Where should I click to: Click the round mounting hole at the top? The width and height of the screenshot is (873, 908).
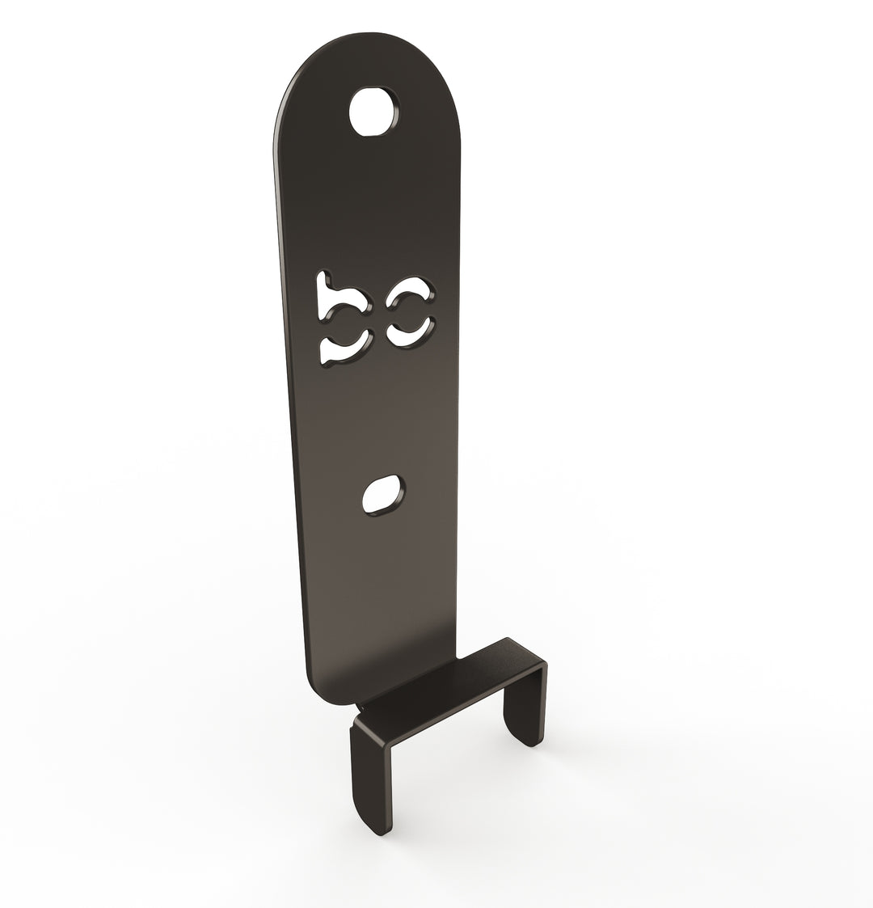click(374, 112)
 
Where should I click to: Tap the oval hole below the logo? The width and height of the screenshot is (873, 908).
click(382, 495)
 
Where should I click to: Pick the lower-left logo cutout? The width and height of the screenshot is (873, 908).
click(342, 348)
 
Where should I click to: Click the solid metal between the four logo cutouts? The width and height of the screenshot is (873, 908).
click(376, 319)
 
